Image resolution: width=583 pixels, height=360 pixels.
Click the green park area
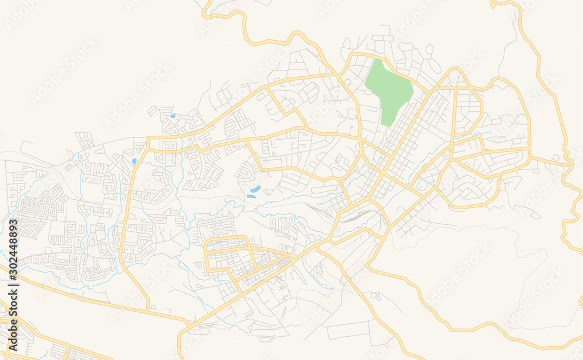pyautogui.click(x=388, y=90)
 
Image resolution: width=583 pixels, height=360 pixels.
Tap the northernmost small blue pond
pyautogui.click(x=173, y=116)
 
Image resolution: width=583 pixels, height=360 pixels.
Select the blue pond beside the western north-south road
pyautogui.click(x=134, y=162)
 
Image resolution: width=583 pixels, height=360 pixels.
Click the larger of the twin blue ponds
pyautogui.click(x=255, y=189)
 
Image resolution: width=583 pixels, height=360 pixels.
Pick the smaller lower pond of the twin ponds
pyautogui.click(x=251, y=196)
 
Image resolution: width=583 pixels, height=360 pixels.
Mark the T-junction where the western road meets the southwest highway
pyautogui.click(x=149, y=309)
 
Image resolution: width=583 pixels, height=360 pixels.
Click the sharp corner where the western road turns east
pyautogui.click(x=149, y=140)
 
